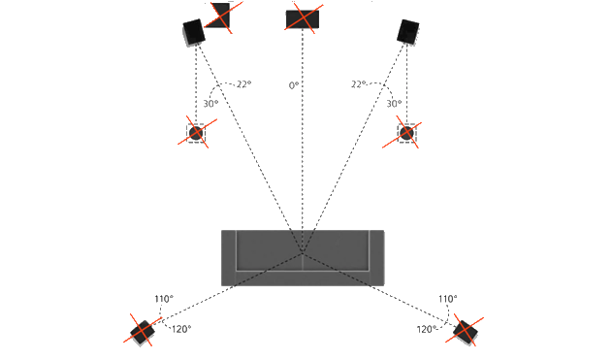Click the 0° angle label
pos(294,85)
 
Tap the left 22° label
pos(243,84)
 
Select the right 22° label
pos(358,84)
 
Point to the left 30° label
pos(210,104)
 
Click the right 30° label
pos(394,104)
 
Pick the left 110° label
pos(164,299)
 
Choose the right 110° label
pos(448,299)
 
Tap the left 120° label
pos(181,329)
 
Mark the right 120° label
pos(427,329)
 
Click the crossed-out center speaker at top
pos(303,19)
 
